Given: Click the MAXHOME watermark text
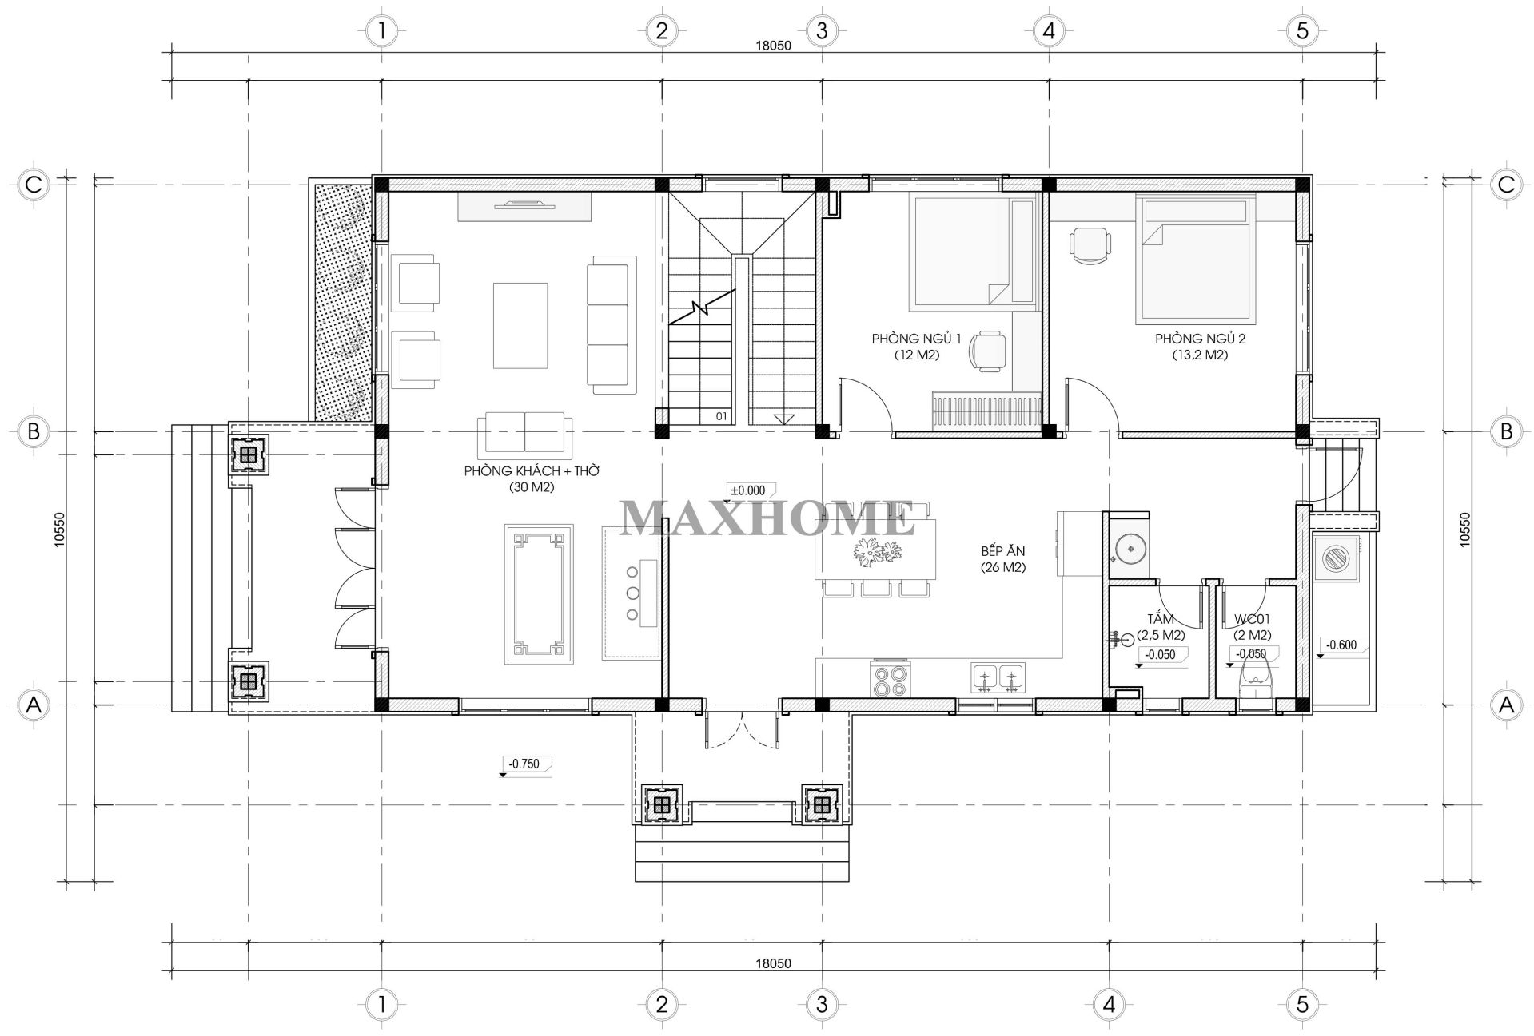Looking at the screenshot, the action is [x=768, y=518].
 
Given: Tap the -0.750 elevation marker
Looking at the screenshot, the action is [x=524, y=765].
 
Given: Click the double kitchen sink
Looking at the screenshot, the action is [x=998, y=677].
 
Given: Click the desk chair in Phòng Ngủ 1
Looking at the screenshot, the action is [x=988, y=352].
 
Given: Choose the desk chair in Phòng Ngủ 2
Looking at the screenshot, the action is [x=1089, y=244].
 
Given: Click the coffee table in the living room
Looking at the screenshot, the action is [x=520, y=325].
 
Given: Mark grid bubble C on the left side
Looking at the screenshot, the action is [x=34, y=185].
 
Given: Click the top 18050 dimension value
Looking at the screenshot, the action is [x=773, y=46].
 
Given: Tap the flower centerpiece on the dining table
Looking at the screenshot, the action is [x=876, y=551].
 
